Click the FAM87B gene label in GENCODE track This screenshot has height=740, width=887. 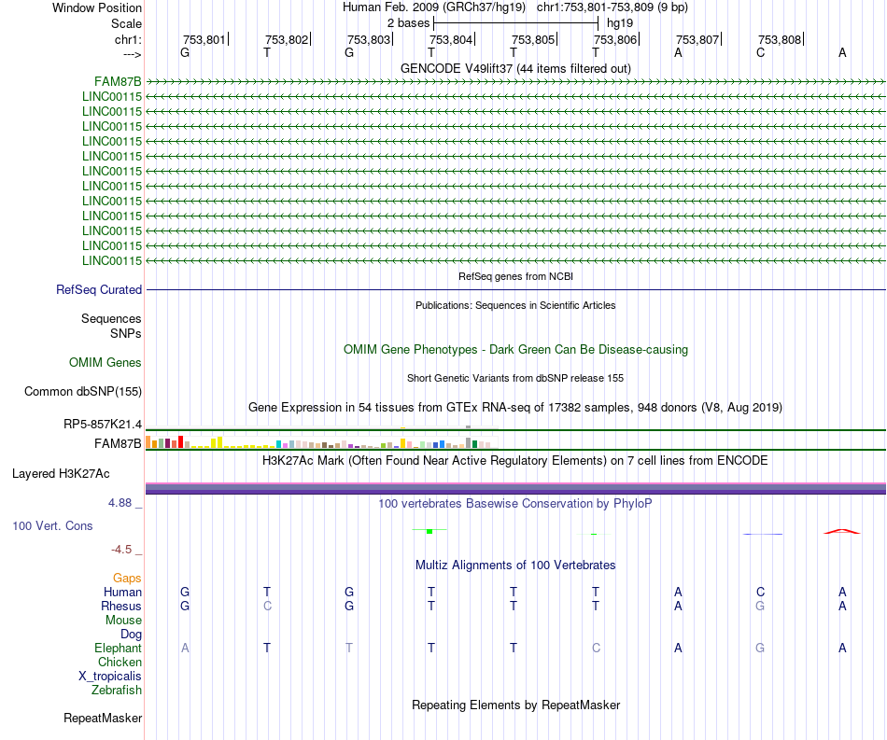(x=118, y=81)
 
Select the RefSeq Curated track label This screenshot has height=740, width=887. (x=99, y=290)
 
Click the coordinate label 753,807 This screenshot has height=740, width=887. (x=697, y=40)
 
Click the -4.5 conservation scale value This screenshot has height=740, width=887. (x=125, y=550)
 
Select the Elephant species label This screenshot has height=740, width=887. (x=118, y=648)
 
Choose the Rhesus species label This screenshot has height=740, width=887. (x=121, y=606)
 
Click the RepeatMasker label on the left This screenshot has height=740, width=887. (x=103, y=718)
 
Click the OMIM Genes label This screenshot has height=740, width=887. (x=106, y=362)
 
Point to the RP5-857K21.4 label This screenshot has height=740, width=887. (x=103, y=425)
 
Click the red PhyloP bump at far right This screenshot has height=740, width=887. (x=841, y=531)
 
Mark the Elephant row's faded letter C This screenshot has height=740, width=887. (x=595, y=648)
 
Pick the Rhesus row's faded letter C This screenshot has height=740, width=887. (x=267, y=606)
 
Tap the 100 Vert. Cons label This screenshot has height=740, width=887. (x=52, y=526)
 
